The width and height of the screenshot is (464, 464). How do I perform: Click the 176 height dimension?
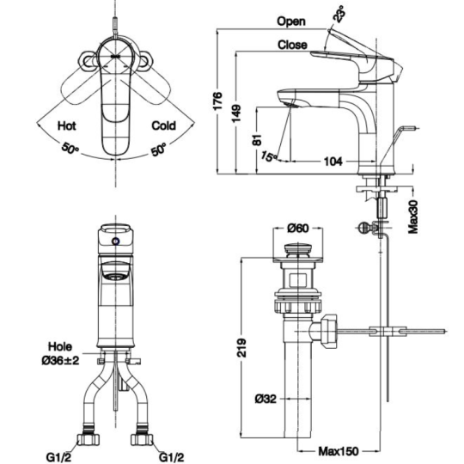(x=217, y=101)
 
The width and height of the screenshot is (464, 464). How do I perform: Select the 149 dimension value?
(x=236, y=113)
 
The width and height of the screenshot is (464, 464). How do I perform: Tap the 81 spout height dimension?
(x=258, y=140)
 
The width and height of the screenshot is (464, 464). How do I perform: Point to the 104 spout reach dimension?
(x=333, y=162)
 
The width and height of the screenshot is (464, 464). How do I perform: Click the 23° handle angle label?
(x=339, y=14)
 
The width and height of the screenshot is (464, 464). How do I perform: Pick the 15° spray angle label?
(x=269, y=156)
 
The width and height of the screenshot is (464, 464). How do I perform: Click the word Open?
(x=291, y=21)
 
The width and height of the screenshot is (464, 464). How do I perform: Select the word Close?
(x=292, y=45)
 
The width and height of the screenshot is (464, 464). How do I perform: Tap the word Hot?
(x=66, y=125)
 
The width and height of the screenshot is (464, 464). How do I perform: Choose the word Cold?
(x=163, y=125)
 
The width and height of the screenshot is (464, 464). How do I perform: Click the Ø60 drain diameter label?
(x=297, y=229)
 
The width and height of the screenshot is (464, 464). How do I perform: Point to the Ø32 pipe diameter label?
(x=266, y=400)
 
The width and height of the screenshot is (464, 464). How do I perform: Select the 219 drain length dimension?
(x=242, y=347)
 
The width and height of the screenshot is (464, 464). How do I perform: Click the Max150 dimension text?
(x=339, y=451)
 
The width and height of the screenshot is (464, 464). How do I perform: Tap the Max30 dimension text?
(x=413, y=217)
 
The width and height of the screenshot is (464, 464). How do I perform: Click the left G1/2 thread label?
(x=58, y=457)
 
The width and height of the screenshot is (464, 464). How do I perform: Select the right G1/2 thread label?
(x=172, y=457)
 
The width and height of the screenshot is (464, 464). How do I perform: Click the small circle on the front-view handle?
(x=116, y=241)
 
